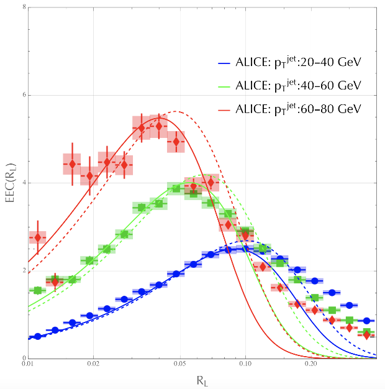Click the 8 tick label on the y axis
(22, 8)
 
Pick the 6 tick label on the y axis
(22, 96)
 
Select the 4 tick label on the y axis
(22, 183)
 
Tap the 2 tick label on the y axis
(22, 271)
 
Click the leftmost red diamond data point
(38, 237)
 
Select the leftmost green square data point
(38, 290)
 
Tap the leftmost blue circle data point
(38, 336)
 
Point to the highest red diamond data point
(159, 126)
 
